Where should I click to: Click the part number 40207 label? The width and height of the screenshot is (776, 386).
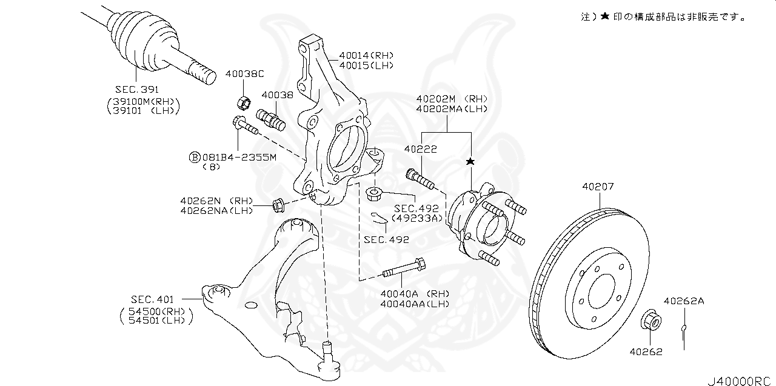click(598, 187)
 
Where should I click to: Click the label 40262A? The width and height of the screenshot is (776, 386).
click(683, 301)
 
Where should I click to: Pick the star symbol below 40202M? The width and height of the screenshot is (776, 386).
click(470, 162)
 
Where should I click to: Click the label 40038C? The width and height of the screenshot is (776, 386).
click(244, 75)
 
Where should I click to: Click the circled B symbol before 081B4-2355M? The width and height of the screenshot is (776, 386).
click(195, 157)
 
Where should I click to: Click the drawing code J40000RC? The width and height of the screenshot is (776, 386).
click(740, 381)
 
